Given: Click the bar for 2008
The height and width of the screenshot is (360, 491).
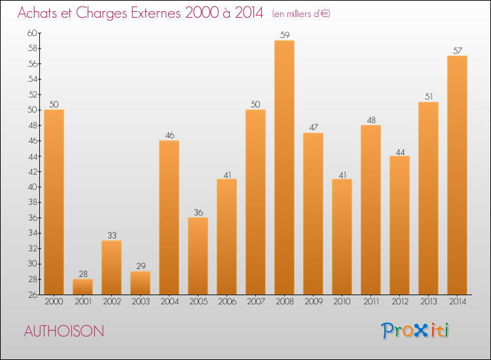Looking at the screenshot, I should (x=284, y=167).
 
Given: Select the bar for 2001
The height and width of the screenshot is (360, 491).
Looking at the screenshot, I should (x=82, y=287).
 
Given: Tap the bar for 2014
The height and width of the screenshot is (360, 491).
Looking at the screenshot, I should (x=457, y=175).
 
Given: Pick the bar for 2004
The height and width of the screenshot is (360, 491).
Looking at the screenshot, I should (x=169, y=217).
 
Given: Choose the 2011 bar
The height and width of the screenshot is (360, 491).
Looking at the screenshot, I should (x=371, y=209).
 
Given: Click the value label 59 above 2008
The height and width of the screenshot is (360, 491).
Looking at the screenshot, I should (x=284, y=35).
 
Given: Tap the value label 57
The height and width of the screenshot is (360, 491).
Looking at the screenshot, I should (x=457, y=51).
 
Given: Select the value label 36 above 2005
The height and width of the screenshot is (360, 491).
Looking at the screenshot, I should (x=198, y=213).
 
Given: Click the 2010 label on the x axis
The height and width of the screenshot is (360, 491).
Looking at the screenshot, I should (x=342, y=302).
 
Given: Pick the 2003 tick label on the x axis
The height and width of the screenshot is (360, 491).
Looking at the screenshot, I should (x=140, y=302).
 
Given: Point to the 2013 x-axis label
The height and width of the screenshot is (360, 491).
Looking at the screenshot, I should (x=428, y=302).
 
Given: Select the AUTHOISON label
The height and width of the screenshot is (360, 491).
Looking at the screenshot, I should (x=64, y=331).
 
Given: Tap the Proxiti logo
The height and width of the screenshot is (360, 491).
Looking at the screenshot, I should (x=416, y=331).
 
